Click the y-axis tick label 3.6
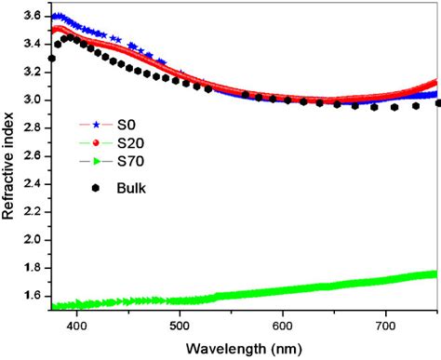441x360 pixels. (33, 16)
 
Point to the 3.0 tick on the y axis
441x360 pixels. (33, 100)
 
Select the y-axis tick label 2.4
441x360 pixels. (33, 183)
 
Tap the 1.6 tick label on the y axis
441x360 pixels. (33, 296)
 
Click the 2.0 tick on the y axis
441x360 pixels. (33, 240)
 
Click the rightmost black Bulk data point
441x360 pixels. (437, 103)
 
